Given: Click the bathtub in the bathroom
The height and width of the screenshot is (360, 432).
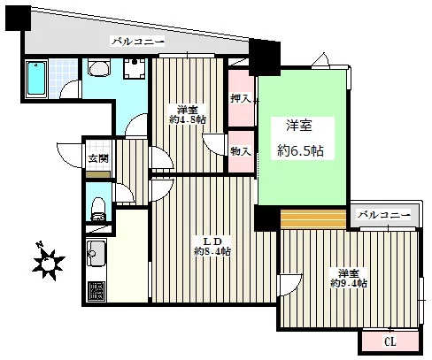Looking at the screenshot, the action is tap(36, 79).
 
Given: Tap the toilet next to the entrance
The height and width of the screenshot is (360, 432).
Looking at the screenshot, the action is tap(98, 209).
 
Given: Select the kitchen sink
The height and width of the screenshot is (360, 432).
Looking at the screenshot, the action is tap(96, 253).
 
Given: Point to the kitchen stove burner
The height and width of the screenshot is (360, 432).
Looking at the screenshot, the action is tap(96, 292).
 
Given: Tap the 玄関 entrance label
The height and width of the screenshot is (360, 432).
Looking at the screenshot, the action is tap(98, 158).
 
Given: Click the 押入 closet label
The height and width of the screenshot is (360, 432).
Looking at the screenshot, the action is tap(241, 98).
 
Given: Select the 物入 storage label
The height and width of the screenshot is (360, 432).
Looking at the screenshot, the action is tap(241, 151).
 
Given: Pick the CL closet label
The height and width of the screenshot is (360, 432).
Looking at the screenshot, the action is tap(390, 342).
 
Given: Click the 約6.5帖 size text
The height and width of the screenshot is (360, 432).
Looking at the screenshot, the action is tap(300, 151).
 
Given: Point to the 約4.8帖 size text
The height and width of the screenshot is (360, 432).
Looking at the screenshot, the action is tap(188, 119).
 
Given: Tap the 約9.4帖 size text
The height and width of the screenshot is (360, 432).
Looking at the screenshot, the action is tap(349, 284).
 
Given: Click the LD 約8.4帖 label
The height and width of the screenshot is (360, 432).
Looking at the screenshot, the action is tap(212, 247).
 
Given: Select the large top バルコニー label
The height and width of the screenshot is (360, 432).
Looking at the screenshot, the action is tap(138, 42).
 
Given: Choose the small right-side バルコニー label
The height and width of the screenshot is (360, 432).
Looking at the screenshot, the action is tap(384, 214).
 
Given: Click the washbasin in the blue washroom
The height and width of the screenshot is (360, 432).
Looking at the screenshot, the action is tap(99, 68).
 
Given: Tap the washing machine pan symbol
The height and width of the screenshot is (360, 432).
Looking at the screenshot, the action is tap(135, 69).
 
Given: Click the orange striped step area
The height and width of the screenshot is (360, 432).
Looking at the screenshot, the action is tap(313, 219).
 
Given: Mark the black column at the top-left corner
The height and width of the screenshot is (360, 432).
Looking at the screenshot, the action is tap(18, 19).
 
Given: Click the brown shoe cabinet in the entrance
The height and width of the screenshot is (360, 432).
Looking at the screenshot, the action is tap(98, 174).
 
